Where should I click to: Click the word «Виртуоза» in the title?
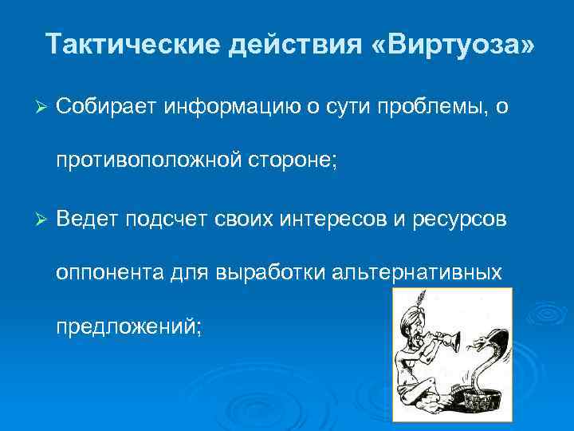point(454,44)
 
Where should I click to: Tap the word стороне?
point(300,160)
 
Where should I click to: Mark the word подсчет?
point(171,219)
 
